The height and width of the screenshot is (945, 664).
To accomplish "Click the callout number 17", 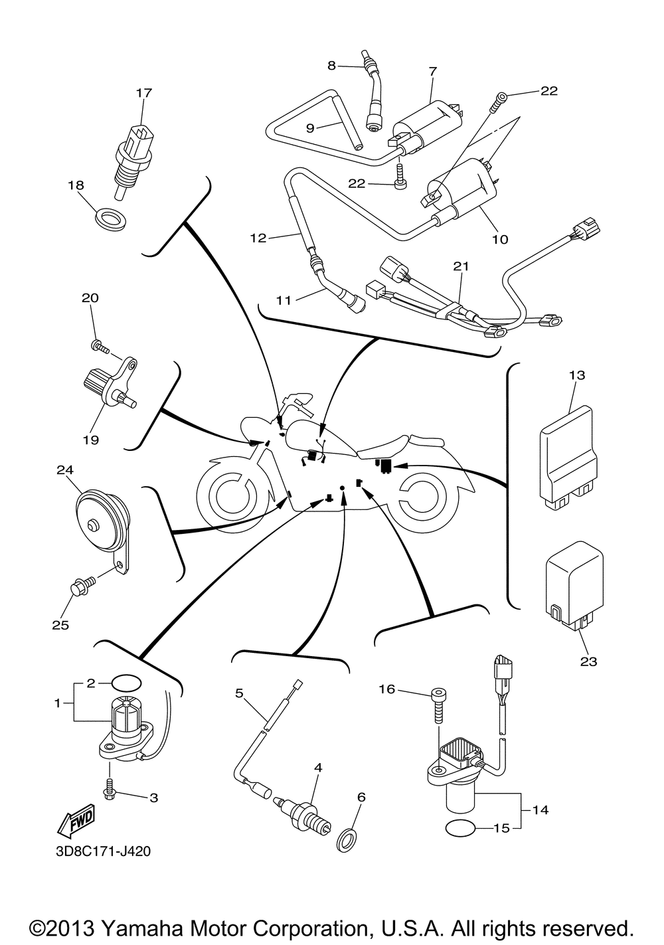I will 144,93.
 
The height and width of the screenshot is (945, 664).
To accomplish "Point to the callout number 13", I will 577,375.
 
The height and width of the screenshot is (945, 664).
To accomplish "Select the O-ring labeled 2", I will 127,683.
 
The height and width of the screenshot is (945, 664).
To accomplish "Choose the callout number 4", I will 319,768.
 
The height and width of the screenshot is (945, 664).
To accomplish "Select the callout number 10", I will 500,239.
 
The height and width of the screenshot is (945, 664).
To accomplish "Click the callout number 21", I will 461,266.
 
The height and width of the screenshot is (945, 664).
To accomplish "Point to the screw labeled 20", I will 99,345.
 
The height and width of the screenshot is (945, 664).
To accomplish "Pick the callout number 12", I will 258,238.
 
